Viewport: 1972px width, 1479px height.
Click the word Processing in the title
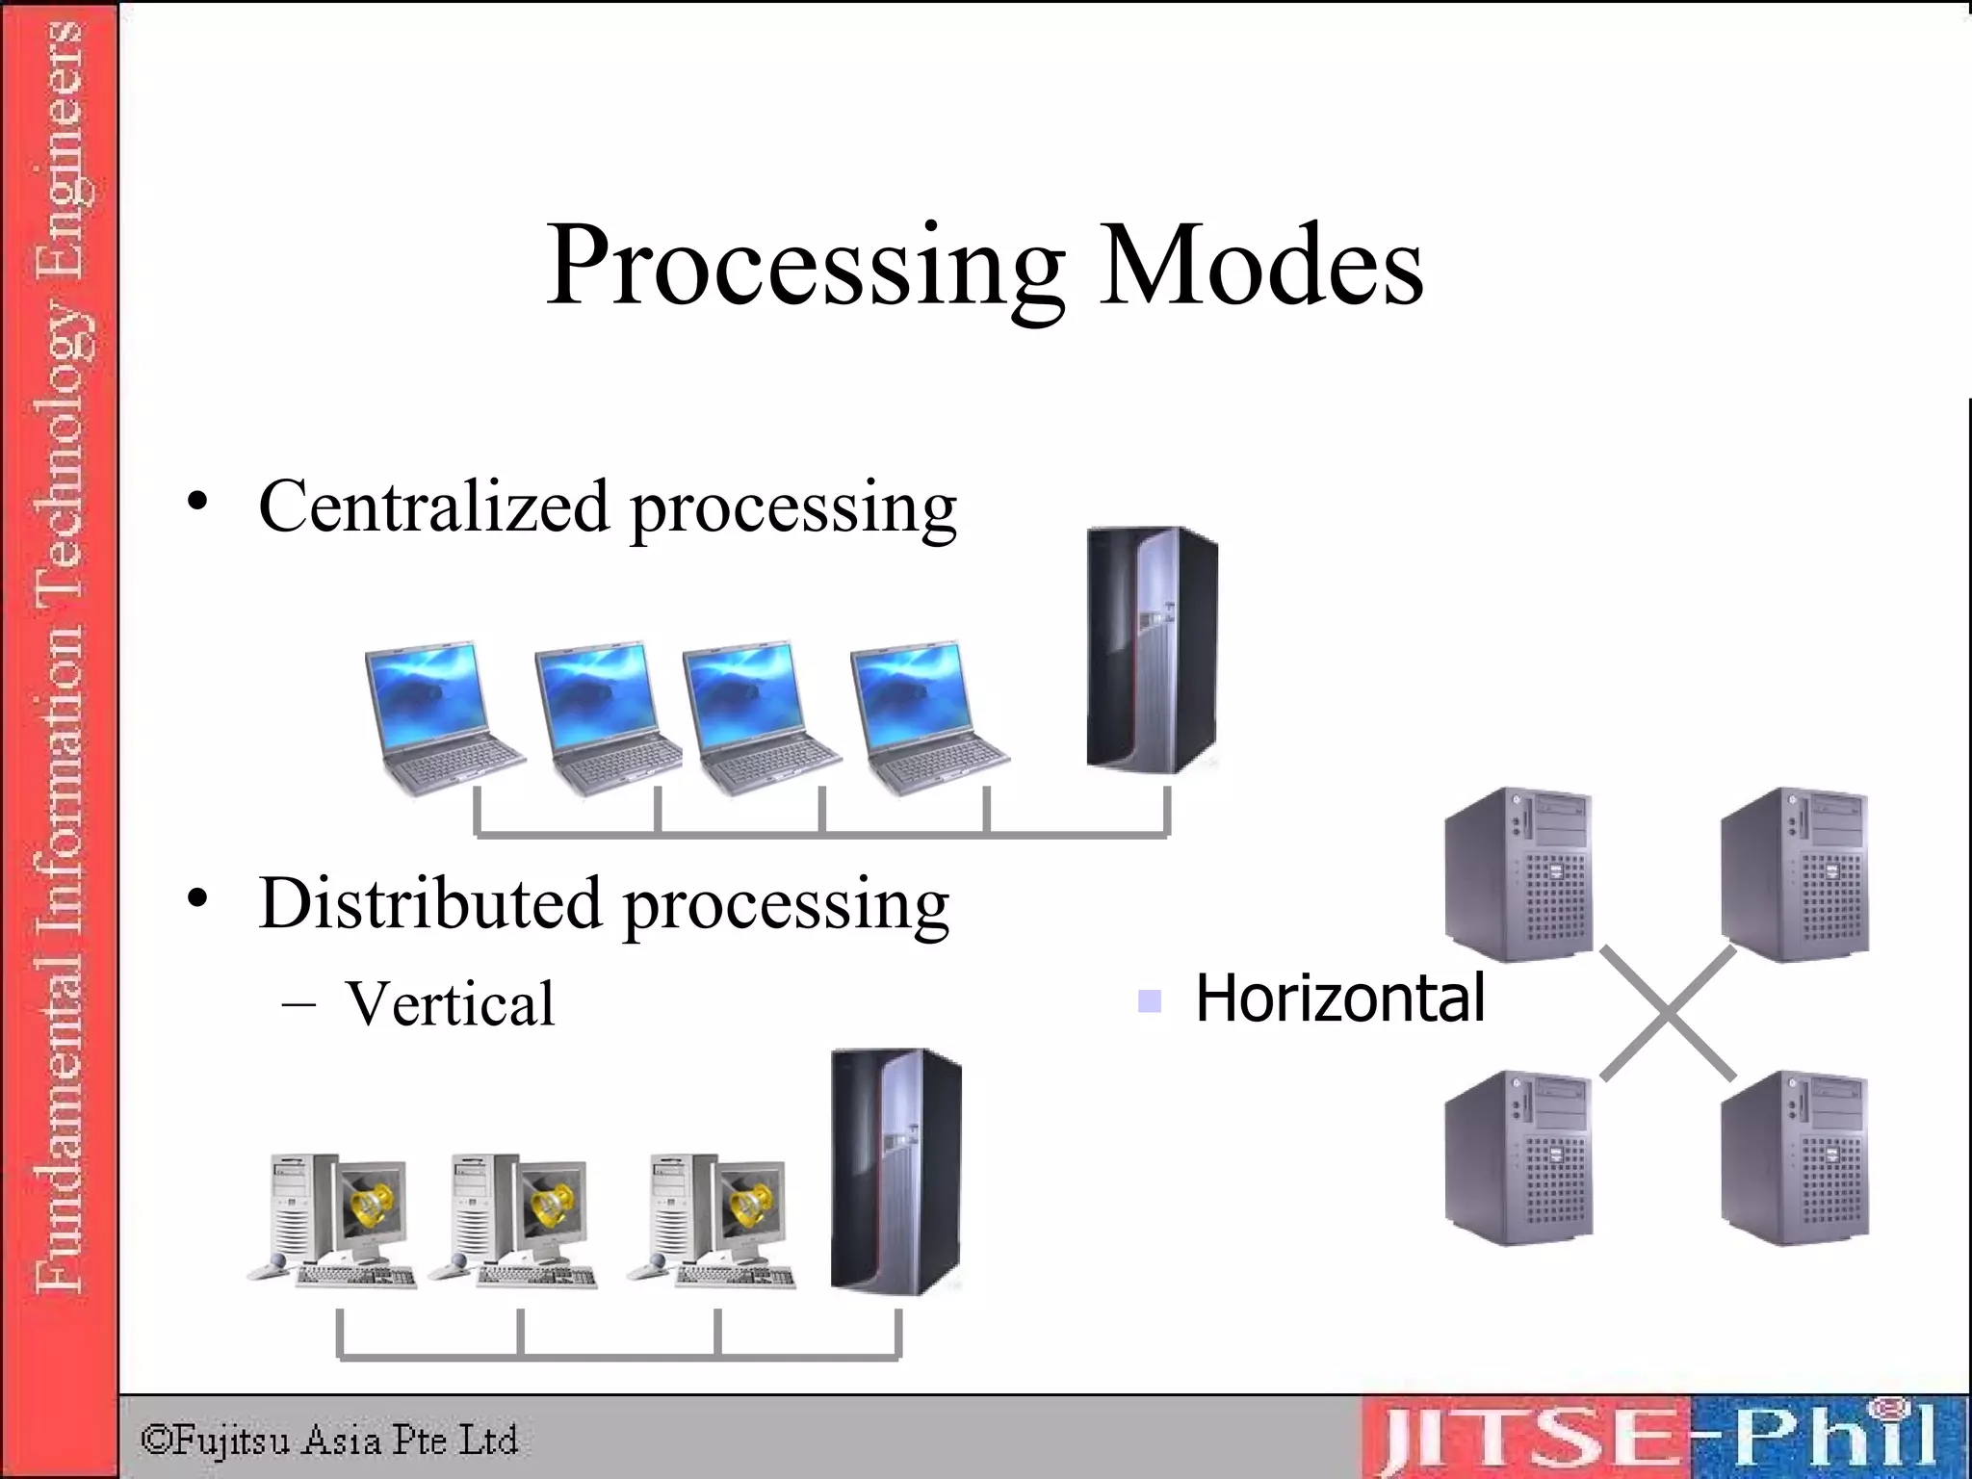(x=805, y=266)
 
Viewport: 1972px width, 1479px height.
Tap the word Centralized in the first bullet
(x=433, y=506)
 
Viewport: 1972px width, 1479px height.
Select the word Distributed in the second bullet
(x=429, y=904)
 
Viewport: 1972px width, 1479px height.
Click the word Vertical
(x=450, y=1003)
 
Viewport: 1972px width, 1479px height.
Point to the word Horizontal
(x=1339, y=998)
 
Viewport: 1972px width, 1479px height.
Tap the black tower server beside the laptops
(x=1152, y=649)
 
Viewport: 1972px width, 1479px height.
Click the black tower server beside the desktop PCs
(x=895, y=1171)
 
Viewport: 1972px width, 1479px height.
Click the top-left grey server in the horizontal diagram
(x=1518, y=874)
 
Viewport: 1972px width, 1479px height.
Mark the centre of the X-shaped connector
(x=1668, y=1013)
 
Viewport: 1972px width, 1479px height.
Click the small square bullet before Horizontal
(x=1149, y=1001)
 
